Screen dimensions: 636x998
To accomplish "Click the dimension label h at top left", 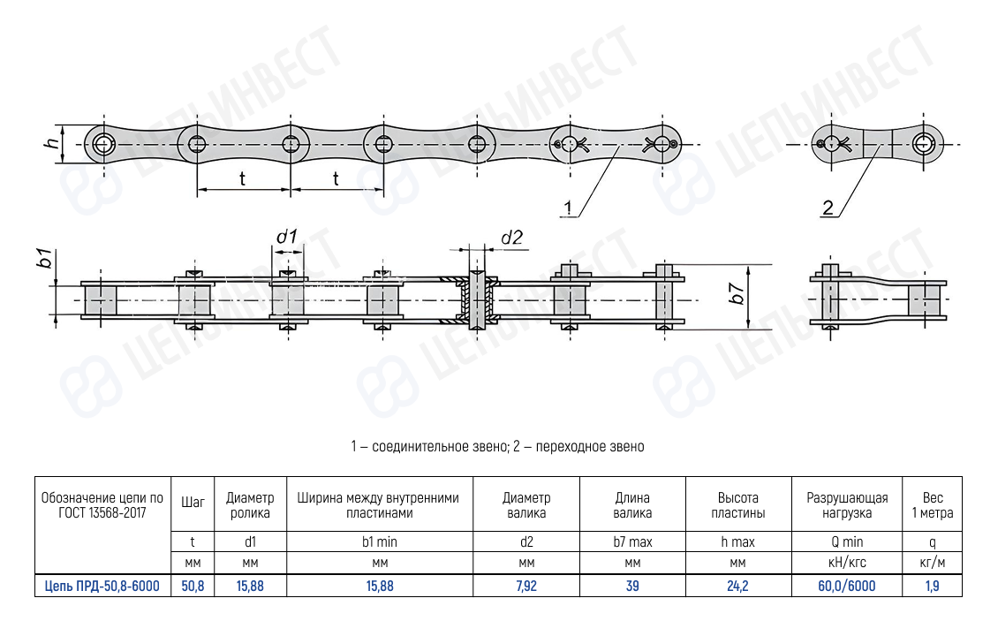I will (x=52, y=142).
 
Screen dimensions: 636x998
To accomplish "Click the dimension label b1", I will (x=41, y=260).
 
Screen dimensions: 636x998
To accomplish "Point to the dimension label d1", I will (x=286, y=237).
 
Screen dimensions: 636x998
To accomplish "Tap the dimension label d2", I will (x=511, y=237).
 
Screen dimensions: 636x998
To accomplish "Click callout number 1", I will (x=569, y=208).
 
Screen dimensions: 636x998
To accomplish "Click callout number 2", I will (x=828, y=208).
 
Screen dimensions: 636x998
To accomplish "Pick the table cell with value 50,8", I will (x=193, y=586).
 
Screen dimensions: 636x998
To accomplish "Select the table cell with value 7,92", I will (x=526, y=586).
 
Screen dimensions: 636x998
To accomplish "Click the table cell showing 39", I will (x=632, y=586).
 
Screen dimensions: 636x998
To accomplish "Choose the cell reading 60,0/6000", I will (x=847, y=586).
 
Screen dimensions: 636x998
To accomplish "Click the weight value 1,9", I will (x=933, y=586).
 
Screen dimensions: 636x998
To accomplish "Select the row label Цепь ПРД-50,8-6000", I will (x=102, y=586).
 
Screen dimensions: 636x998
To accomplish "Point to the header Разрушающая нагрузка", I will (x=847, y=505).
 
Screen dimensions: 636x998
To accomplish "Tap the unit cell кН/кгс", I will (x=847, y=563).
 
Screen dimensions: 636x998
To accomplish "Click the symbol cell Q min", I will (x=847, y=541).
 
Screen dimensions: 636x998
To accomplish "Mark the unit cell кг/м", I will (x=933, y=563).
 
